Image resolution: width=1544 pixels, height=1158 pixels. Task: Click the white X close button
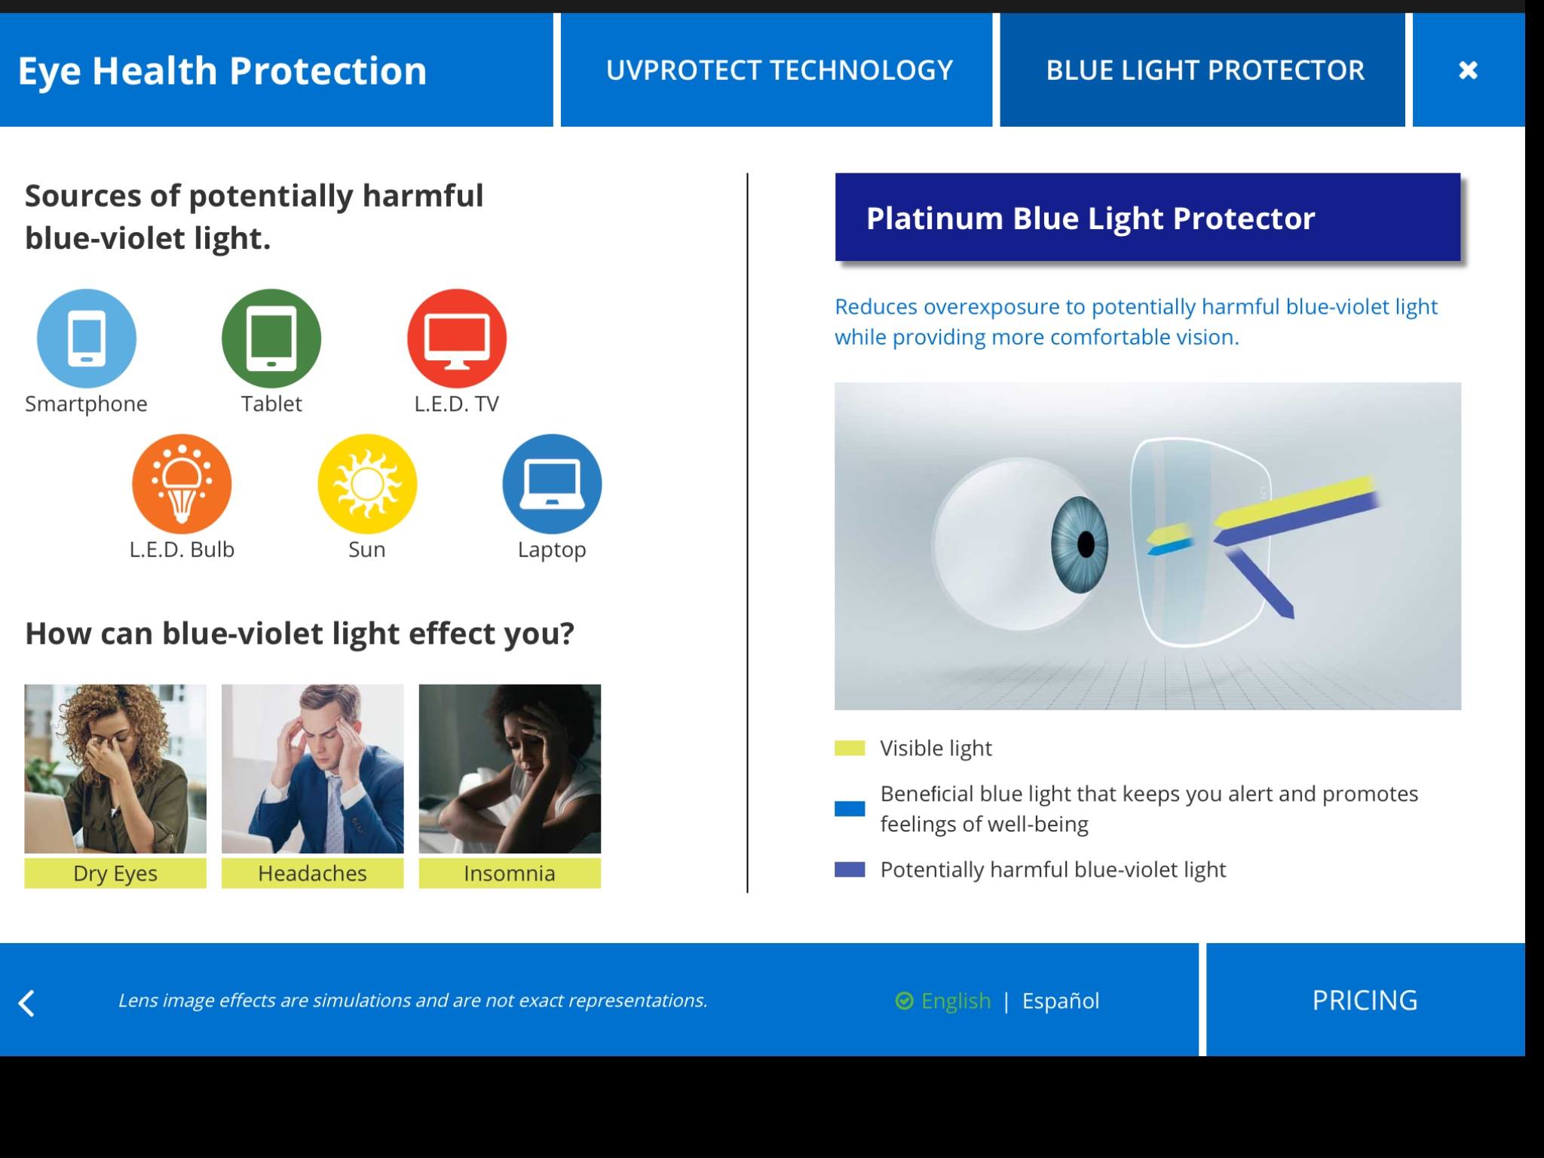pos(1468,70)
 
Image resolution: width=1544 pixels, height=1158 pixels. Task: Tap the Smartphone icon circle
pos(87,339)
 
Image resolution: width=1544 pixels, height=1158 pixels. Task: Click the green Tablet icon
pos(271,339)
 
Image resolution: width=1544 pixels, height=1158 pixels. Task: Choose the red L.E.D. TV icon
pos(457,339)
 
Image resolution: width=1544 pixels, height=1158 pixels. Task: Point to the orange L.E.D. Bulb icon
pos(182,484)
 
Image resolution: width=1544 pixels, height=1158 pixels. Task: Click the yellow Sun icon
pos(367,484)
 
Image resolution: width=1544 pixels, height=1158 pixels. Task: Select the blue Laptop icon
pos(552,484)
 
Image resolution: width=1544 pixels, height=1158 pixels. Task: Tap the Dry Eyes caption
pos(115,873)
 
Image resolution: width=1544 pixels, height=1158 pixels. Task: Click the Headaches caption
pos(312,873)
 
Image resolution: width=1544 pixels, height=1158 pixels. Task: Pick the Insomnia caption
pos(510,873)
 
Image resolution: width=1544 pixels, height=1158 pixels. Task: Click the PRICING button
pos(1365,1000)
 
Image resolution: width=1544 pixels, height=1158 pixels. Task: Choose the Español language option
pos(1061,1000)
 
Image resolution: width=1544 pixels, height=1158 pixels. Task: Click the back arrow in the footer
pos(26,1003)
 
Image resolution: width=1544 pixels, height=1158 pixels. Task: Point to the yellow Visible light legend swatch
pos(850,748)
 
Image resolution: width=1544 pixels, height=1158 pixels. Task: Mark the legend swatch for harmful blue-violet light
pos(850,869)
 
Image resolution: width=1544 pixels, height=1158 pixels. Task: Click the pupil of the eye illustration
pos(1086,544)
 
